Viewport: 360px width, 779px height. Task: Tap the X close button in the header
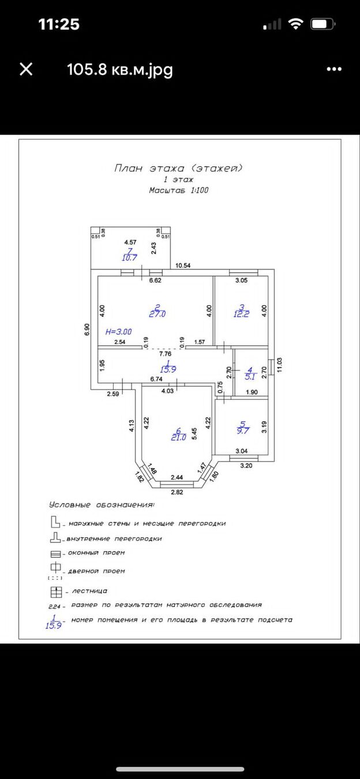26,70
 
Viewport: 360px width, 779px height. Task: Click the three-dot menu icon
334,70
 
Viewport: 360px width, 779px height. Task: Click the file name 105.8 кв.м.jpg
120,70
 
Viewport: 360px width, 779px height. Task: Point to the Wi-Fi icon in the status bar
297,24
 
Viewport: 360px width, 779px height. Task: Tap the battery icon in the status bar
324,24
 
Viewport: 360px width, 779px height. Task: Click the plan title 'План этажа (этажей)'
178,168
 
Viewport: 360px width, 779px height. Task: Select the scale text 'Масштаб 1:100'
178,190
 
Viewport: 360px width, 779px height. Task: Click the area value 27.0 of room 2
157,314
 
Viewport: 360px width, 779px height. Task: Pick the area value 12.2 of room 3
241,314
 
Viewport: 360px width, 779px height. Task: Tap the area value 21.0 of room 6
178,437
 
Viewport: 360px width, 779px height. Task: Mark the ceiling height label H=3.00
118,332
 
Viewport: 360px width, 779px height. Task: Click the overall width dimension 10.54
183,265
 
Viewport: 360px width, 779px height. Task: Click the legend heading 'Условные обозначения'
102,505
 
